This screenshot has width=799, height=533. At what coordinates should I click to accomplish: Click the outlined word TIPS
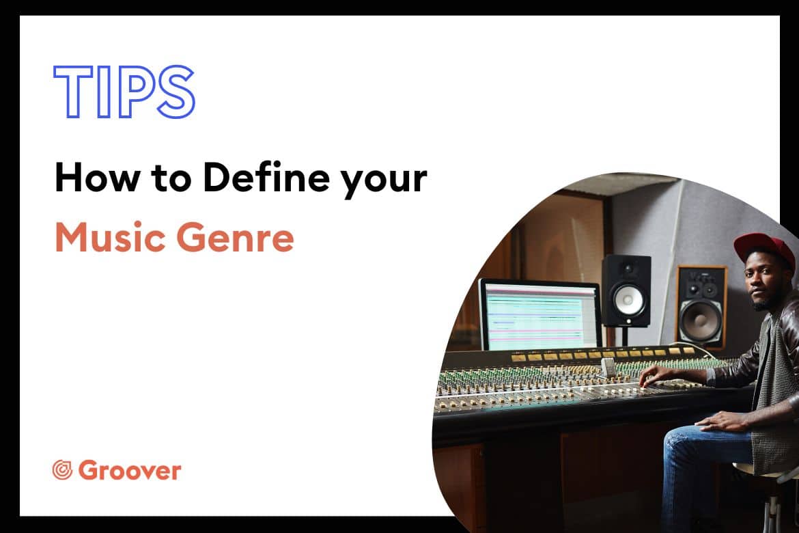pyautogui.click(x=124, y=92)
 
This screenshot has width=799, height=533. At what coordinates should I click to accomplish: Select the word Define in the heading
pyautogui.click(x=265, y=178)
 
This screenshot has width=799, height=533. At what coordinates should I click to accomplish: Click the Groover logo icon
pyautogui.click(x=62, y=469)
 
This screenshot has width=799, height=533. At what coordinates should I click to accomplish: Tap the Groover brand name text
pyautogui.click(x=130, y=470)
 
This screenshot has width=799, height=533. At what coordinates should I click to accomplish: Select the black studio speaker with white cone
pyautogui.click(x=626, y=290)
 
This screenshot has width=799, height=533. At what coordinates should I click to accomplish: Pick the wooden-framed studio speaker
pyautogui.click(x=701, y=305)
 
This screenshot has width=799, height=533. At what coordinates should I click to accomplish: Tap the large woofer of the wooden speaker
pyautogui.click(x=701, y=319)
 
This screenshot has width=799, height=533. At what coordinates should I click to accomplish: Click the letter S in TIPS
pyautogui.click(x=176, y=92)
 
